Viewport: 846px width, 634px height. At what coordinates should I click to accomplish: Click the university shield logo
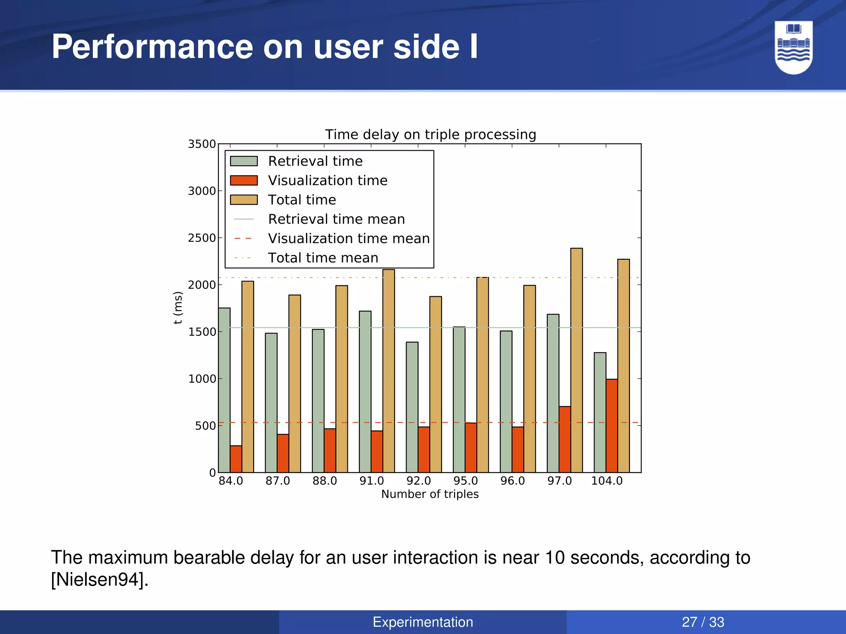[x=793, y=47]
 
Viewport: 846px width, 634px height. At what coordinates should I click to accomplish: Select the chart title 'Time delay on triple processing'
[x=430, y=135]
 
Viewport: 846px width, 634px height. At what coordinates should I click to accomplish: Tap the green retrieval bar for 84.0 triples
[x=224, y=390]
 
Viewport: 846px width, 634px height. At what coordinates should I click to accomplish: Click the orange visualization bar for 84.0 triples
[x=236, y=459]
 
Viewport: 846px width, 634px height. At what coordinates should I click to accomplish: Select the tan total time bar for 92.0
[x=435, y=384]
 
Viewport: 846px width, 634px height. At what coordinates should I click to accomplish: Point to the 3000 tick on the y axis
[x=202, y=191]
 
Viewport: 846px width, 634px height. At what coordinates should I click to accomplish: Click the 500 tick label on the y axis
[x=205, y=426]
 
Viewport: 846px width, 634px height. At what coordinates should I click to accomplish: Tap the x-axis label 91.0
[x=371, y=481]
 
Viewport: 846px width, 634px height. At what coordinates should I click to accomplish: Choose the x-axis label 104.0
[x=606, y=481]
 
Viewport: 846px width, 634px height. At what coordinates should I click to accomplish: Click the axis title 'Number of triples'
[x=430, y=494]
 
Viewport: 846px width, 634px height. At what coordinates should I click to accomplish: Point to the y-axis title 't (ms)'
[x=178, y=308]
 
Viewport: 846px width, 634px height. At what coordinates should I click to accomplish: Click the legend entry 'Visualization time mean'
[x=349, y=239]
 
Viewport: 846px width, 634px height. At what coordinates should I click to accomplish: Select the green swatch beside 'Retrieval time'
[x=244, y=161]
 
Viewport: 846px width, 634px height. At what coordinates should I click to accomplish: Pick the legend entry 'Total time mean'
[x=323, y=258]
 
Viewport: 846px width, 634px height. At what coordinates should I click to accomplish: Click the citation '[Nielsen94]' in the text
[x=99, y=580]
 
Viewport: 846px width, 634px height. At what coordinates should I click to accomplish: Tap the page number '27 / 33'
[x=703, y=622]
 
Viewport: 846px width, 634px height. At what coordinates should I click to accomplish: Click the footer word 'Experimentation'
[x=423, y=622]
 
